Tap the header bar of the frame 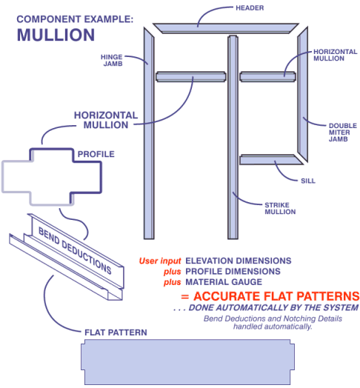click(x=226, y=28)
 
